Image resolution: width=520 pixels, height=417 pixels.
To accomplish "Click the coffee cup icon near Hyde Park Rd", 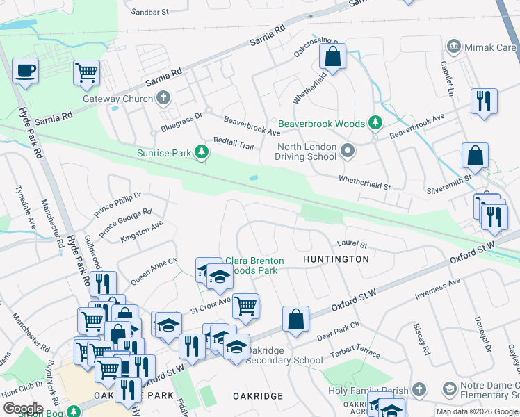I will pyautogui.click(x=25, y=72).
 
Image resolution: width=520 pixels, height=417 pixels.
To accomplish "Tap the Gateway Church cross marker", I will pyautogui.click(x=163, y=98).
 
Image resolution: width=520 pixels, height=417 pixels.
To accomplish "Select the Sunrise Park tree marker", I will pyautogui.click(x=202, y=152).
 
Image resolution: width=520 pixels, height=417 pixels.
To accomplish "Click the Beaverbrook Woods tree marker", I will pyautogui.click(x=375, y=124).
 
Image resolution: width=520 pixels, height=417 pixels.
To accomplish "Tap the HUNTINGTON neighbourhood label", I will pyautogui.click(x=336, y=259).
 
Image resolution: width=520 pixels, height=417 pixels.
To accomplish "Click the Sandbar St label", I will pyautogui.click(x=150, y=13).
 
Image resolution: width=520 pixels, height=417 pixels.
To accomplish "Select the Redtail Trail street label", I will pyautogui.click(x=234, y=143).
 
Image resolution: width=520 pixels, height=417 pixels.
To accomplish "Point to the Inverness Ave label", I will pyautogui.click(x=437, y=288).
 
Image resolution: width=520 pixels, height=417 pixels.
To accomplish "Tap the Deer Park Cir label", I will pyautogui.click(x=337, y=329).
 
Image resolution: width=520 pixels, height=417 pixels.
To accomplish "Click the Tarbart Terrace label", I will pyautogui.click(x=357, y=351).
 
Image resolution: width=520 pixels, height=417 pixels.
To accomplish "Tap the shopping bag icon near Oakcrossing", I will pyautogui.click(x=333, y=58).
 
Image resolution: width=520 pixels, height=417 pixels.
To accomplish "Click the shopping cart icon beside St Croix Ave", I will pyautogui.click(x=246, y=305).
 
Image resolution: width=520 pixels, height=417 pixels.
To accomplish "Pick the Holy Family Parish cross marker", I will pyautogui.click(x=419, y=389).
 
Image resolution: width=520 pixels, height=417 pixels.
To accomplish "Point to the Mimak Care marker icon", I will pyautogui.click(x=454, y=46).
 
